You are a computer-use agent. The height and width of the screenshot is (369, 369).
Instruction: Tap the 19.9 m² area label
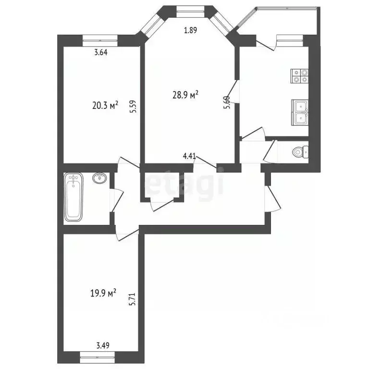click(x=104, y=293)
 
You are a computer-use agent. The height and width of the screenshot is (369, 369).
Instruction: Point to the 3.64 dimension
click(x=100, y=53)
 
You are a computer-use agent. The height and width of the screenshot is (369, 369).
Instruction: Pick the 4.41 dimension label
click(x=189, y=156)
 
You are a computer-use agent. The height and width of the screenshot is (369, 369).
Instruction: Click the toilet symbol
click(x=299, y=152)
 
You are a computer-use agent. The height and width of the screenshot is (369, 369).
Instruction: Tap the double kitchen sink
click(x=299, y=112)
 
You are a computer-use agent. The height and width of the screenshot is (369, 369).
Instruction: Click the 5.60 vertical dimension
click(x=227, y=103)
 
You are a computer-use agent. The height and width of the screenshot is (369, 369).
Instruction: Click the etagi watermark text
click(x=185, y=184)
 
